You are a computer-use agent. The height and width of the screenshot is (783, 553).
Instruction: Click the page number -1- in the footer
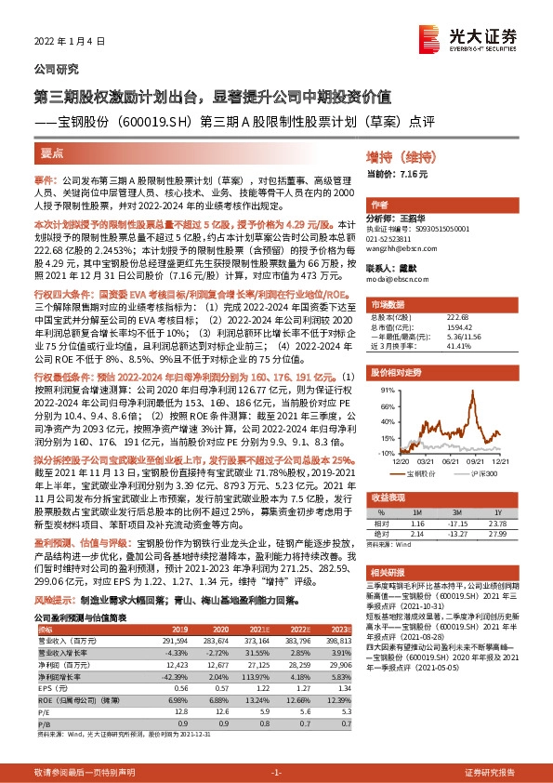point(275,772)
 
